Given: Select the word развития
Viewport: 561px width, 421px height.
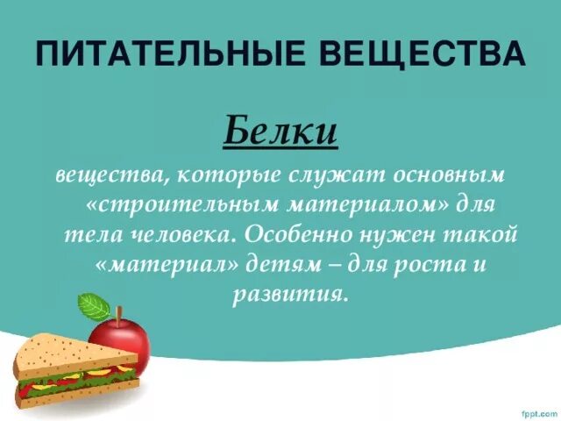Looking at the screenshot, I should click(290, 295).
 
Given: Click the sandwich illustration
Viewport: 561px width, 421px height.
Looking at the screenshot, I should click(75, 368).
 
